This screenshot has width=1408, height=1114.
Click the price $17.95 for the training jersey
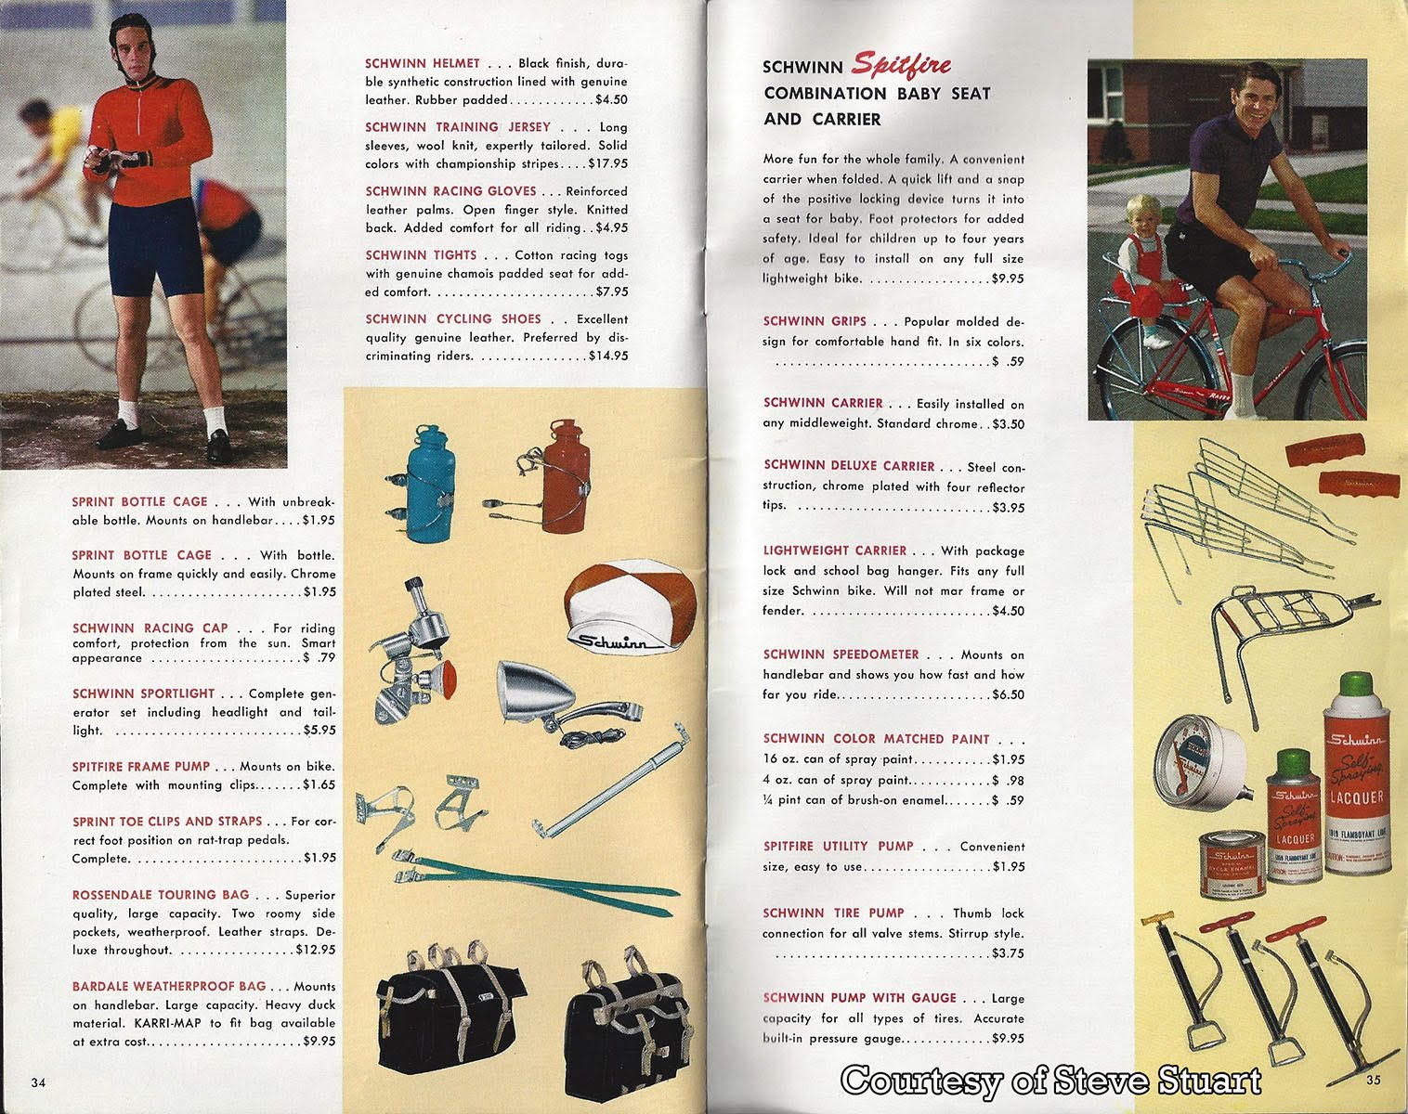[x=607, y=164]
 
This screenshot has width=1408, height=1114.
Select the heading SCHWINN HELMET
[x=423, y=64]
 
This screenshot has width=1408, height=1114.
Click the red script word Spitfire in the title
[x=901, y=64]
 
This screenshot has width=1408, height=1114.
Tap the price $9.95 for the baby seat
[x=1007, y=278]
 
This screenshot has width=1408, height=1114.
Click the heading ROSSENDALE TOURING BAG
[x=161, y=895]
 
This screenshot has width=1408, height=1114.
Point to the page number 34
[x=38, y=1082]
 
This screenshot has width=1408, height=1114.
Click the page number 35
[x=1373, y=1080]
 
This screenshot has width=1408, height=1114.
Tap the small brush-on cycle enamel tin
[x=1232, y=864]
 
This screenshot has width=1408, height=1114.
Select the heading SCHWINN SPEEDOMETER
[x=841, y=655]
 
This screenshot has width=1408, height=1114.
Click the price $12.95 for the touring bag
[x=315, y=951]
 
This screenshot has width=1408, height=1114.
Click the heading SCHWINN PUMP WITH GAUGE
[x=859, y=998]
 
